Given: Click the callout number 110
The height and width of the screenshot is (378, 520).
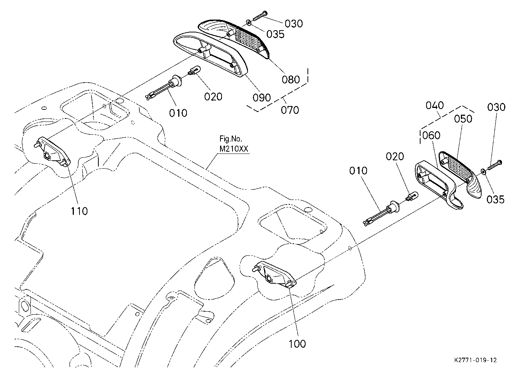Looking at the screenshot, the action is tap(79, 211).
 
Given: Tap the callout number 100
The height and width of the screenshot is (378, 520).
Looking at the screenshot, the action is tap(297, 344).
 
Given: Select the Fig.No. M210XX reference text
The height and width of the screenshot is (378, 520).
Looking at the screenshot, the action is tap(234, 144).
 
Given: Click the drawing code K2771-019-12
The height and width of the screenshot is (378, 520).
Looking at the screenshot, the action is tap(476, 360).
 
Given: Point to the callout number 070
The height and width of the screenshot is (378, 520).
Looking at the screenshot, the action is tap(290, 110).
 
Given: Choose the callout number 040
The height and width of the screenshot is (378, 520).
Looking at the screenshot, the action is tap(435, 106).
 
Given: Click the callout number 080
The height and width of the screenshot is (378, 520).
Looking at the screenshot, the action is tap(291, 80).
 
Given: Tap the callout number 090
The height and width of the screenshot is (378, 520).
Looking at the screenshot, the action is tap(262, 98).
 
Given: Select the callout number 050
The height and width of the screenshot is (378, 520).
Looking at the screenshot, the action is tap(463, 119).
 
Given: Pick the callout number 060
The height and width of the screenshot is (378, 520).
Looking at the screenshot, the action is tap(431, 135).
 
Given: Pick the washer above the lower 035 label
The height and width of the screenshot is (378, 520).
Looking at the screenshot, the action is tap(483, 172).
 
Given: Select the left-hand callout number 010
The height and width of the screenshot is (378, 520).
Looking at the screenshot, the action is tap(178, 113).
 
